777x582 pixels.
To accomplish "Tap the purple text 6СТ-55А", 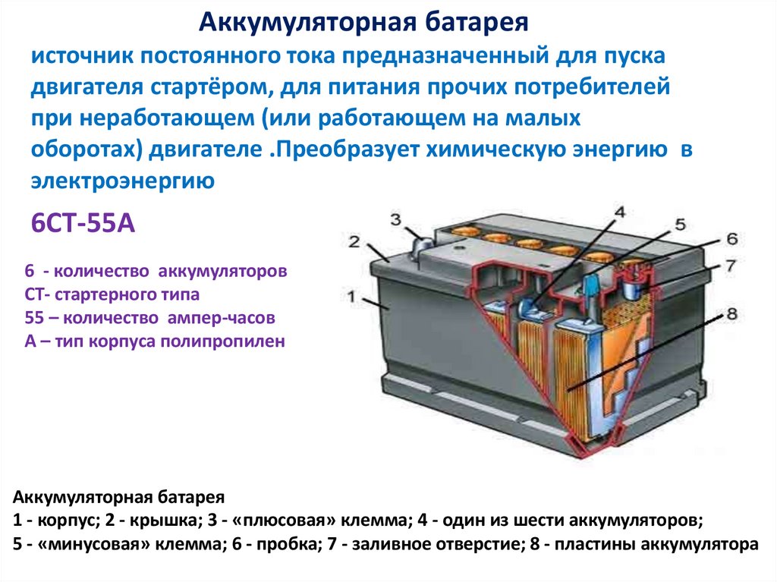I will [x=83, y=224].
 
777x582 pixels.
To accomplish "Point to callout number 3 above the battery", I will [x=395, y=220].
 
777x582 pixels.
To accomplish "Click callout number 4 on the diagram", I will [x=618, y=212].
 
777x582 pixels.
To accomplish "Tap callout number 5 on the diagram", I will [x=679, y=225].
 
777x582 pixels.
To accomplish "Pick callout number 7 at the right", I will [x=731, y=266].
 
